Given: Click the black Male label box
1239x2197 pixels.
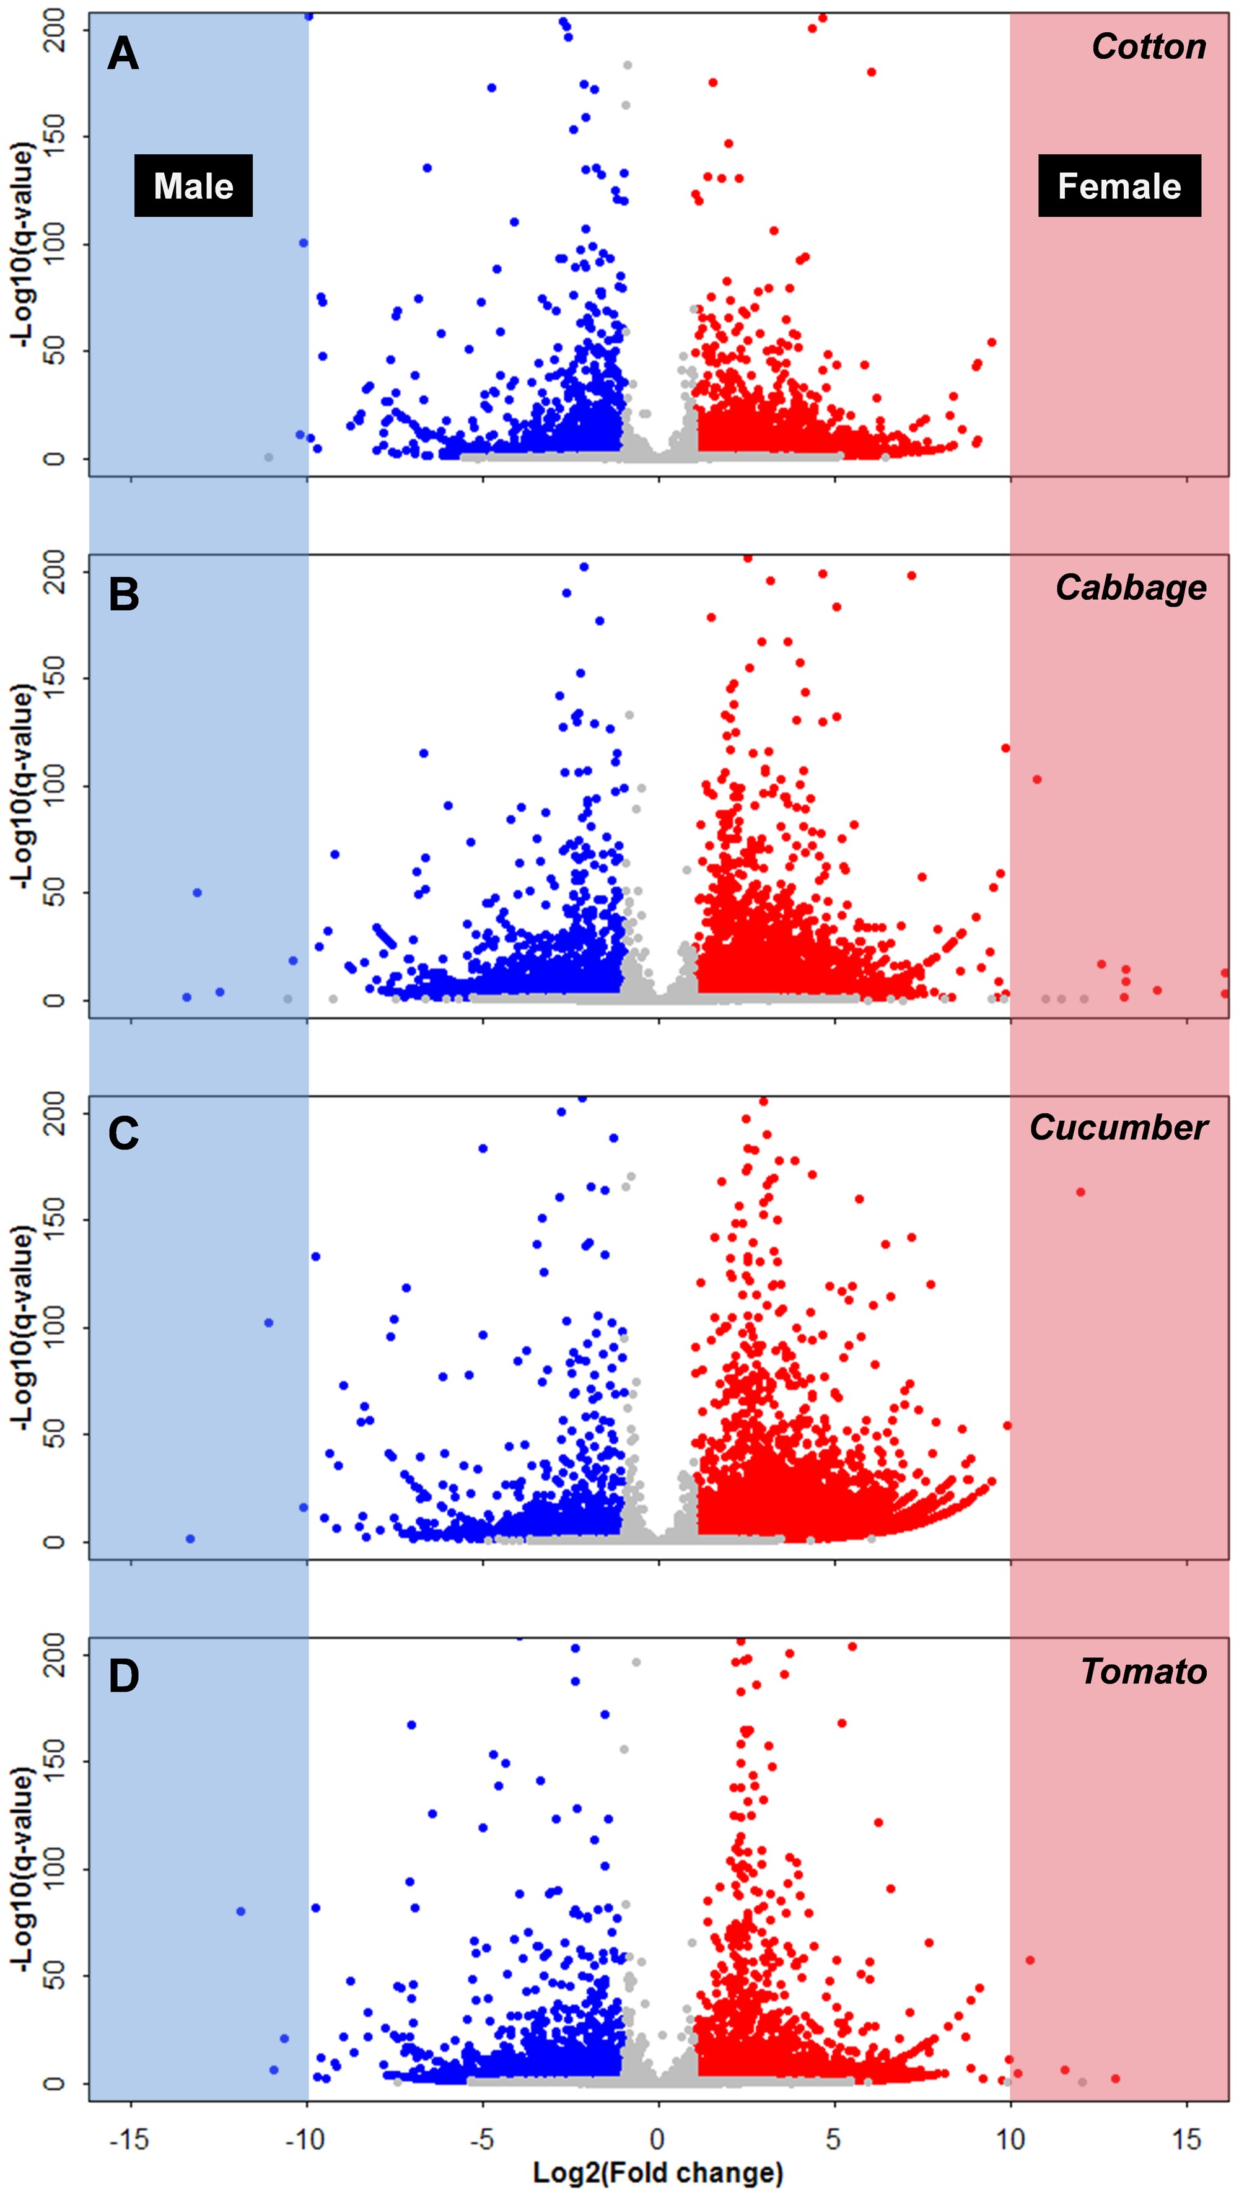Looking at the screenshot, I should tap(193, 185).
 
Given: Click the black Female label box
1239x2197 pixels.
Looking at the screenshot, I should tap(1119, 185).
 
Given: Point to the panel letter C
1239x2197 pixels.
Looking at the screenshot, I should tap(124, 1134).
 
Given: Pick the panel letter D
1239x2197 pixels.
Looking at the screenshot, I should tap(124, 1676).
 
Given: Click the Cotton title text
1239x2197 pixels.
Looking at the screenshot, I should tap(1149, 46).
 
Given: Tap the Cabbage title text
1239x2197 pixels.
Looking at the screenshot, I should tap(1131, 587).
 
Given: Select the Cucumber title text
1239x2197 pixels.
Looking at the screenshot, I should tap(1118, 1128).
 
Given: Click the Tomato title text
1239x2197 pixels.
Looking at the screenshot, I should tap(1144, 1671).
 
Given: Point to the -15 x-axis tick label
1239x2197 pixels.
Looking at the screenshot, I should tap(129, 2138).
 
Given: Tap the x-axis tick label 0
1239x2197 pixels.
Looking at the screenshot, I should tap(657, 2138).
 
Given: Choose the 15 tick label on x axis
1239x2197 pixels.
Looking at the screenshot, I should tap(1186, 2138).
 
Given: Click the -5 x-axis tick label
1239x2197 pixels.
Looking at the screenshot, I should tap(482, 2138).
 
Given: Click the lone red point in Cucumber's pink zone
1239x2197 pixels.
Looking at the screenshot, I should tap(1080, 1192).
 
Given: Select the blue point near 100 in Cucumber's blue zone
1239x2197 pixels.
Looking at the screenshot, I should tap(268, 1323).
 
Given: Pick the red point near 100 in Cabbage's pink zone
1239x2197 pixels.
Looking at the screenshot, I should tap(1037, 779).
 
